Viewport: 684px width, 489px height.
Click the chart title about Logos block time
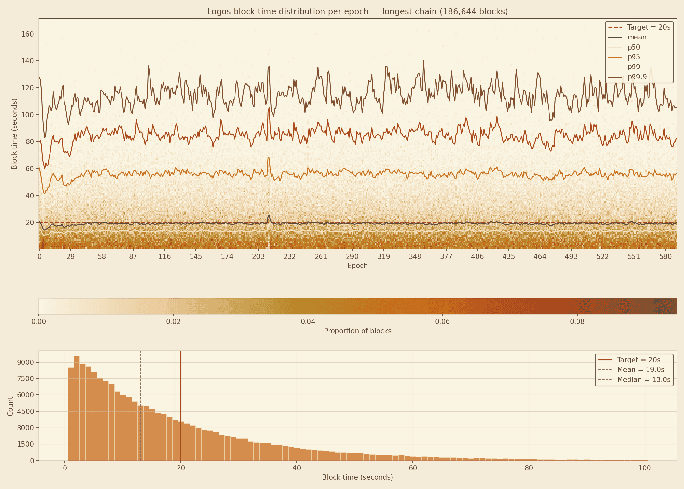pyautogui.click(x=357, y=12)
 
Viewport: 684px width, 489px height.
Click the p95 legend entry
pyautogui.click(x=634, y=57)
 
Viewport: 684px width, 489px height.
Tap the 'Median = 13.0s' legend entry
pyautogui.click(x=644, y=380)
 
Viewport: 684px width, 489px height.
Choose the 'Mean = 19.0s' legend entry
pyautogui.click(x=640, y=370)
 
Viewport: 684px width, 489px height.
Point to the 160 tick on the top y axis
pyautogui.click(x=27, y=34)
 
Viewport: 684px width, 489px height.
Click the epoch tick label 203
pyautogui.click(x=258, y=257)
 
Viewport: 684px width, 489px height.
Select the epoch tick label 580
pyautogui.click(x=665, y=257)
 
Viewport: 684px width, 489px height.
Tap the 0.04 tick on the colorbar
pyautogui.click(x=308, y=322)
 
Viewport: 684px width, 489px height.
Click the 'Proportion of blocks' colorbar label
pyautogui.click(x=357, y=331)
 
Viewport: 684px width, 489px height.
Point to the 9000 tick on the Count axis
pyautogui.click(x=25, y=363)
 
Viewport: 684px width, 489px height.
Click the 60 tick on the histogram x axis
pyautogui.click(x=413, y=468)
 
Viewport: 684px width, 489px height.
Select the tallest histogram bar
pyautogui.click(x=77, y=407)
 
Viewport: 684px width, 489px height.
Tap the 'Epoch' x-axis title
pyautogui.click(x=357, y=266)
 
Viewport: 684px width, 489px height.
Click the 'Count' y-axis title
pyautogui.click(x=10, y=406)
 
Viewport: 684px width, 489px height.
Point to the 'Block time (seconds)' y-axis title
pyautogui.click(x=14, y=134)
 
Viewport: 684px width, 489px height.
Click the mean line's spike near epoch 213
pyautogui.click(x=269, y=215)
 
